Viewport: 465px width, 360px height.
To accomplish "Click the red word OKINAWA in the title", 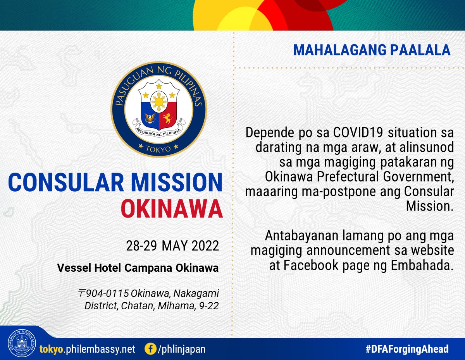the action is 172,209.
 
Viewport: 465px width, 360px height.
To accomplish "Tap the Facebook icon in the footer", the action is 150,349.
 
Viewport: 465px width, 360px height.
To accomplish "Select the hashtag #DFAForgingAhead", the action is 407,349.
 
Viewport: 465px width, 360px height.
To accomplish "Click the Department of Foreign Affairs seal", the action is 22,343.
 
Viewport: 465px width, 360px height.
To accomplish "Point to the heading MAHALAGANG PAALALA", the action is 372,50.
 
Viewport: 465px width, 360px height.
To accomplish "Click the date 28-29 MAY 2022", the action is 172,246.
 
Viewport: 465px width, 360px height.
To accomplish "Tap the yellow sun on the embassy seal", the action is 159,101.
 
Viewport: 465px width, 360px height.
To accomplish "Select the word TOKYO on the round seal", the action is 158,149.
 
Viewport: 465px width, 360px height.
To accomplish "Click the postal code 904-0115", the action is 107,293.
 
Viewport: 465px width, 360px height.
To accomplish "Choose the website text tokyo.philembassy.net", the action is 87,349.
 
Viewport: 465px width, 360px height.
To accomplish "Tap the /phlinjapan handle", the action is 181,349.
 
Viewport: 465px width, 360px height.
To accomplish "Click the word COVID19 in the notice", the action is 358,132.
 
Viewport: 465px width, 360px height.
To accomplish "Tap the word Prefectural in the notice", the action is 348,177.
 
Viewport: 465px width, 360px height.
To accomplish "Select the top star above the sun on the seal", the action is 159,86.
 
